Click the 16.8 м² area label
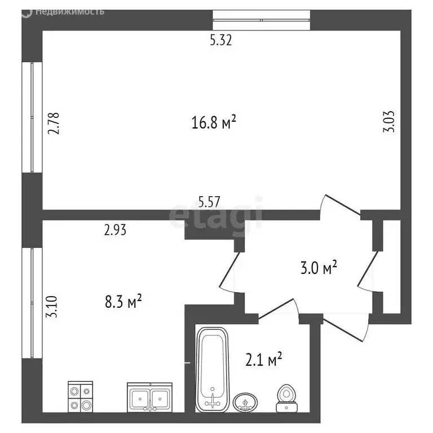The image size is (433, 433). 214,122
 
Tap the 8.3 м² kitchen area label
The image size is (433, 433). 123,301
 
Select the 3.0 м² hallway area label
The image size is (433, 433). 319,267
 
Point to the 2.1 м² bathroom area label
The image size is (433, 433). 264,359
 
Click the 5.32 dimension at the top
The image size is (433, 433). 220,41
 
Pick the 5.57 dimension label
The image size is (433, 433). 209,202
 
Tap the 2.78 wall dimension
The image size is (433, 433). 54,123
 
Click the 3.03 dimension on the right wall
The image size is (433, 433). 389,122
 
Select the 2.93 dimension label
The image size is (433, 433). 115,230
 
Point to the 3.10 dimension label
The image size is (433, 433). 51,307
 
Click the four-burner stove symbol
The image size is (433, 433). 81,396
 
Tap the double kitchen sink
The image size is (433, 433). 149,397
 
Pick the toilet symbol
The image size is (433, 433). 286,399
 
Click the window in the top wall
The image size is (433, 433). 261,20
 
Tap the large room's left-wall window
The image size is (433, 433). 32,117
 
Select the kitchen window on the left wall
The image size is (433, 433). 32,303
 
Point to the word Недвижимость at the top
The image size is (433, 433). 70,12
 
